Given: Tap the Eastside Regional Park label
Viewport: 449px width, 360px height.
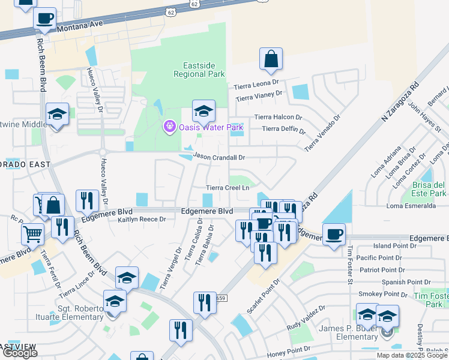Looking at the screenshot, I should point(199,70).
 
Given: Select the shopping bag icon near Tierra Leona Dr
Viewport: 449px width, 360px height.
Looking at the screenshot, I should point(271,59).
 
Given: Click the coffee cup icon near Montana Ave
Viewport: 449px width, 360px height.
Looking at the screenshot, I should point(44,19).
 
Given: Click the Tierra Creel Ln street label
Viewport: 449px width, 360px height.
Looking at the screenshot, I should point(228,188).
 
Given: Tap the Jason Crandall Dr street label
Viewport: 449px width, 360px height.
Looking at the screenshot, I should point(220,157).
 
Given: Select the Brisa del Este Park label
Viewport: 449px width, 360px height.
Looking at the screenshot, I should point(429,189).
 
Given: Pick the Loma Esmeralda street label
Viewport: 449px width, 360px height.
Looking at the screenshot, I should point(411,206).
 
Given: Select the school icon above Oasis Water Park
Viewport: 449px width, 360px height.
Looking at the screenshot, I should point(203,111).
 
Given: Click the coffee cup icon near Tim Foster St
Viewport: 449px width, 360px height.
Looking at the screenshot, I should point(334,234).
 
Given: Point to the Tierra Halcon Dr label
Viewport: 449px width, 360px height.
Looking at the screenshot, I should point(275,117).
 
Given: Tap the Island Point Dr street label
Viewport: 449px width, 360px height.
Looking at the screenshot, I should point(391,246).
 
